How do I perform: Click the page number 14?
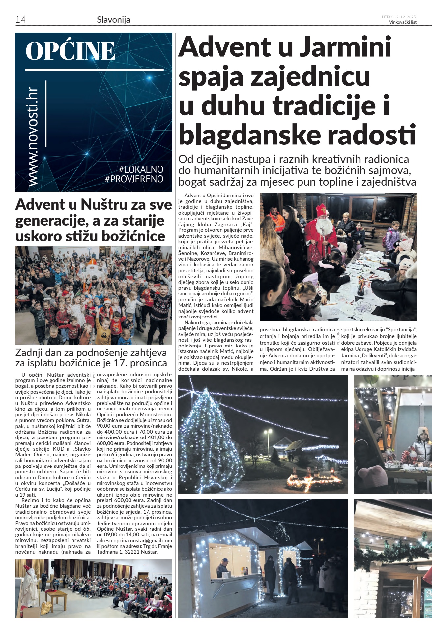click(x=20, y=20)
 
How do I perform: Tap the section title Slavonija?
click(x=113, y=20)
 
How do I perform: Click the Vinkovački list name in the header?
click(x=403, y=22)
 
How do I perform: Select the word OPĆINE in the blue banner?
click(x=70, y=51)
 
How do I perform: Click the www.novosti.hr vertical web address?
click(x=33, y=137)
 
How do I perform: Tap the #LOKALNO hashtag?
click(x=141, y=169)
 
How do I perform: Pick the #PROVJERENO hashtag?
click(x=134, y=179)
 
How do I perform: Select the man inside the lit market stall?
click(x=223, y=567)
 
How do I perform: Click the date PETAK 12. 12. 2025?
click(x=399, y=17)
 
